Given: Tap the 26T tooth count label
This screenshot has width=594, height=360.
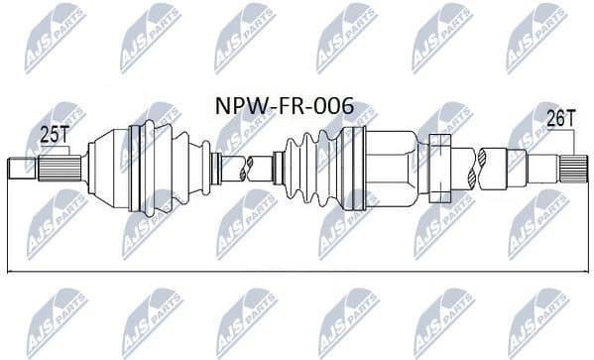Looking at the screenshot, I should pos(562,118).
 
